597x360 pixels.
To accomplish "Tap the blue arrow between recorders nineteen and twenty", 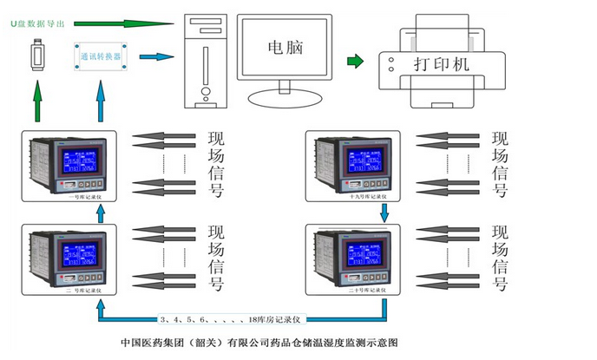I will point(382,213).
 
